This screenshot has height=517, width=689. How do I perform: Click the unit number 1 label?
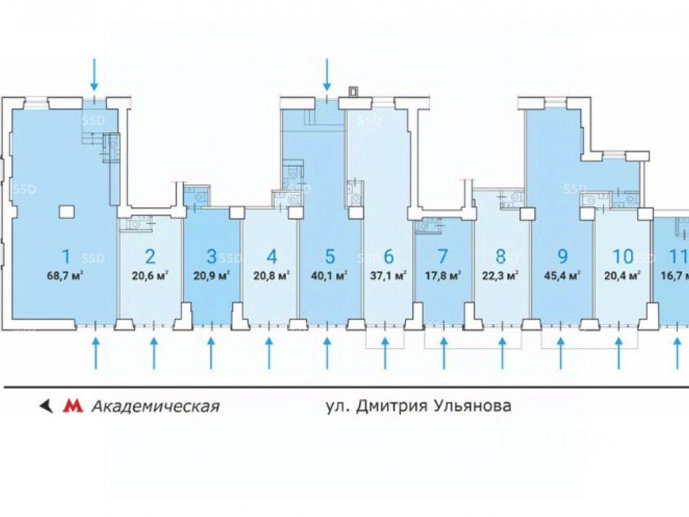click(x=66, y=257)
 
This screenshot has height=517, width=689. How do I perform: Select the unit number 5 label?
click(x=329, y=257)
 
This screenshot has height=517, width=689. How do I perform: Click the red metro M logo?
click(x=72, y=406)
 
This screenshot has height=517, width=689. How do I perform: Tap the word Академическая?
click(x=155, y=406)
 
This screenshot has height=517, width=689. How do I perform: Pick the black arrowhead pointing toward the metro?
click(x=46, y=406)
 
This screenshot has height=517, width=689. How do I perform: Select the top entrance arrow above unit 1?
click(x=94, y=74)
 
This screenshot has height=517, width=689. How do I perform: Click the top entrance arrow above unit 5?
click(x=328, y=74)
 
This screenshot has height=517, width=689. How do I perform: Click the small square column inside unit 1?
click(x=66, y=210)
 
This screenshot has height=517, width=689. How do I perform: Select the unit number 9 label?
click(x=563, y=257)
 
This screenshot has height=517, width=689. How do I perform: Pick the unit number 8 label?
click(x=501, y=257)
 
